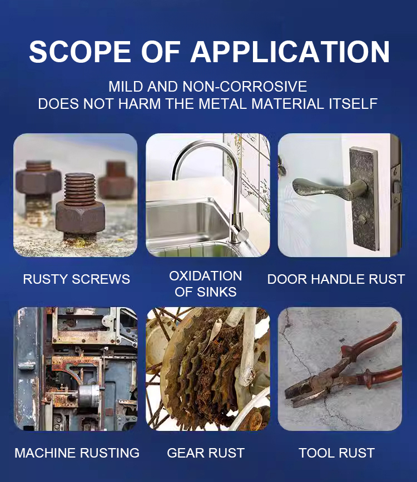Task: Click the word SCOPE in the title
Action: (80, 51)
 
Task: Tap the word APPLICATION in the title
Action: (290, 51)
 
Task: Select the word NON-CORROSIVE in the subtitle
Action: (245, 87)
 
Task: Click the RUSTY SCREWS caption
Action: (77, 279)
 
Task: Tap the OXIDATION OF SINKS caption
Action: (206, 284)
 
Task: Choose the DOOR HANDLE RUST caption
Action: (336, 279)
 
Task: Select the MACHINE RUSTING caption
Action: (77, 453)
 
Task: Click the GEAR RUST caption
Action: (206, 453)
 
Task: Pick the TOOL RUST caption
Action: (337, 453)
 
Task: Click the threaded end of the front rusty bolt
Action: (80, 189)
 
